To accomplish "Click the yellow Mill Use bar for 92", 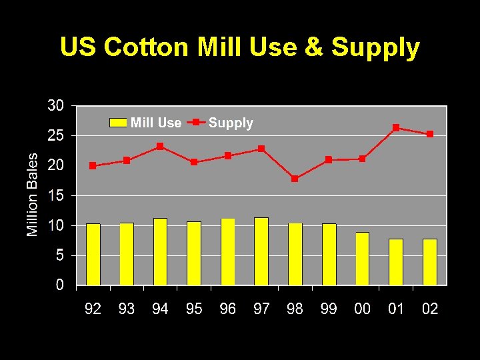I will click(x=93, y=254).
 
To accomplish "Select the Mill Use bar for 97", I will click(x=261, y=251).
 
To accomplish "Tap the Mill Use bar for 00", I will click(x=362, y=259).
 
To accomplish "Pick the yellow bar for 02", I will click(x=430, y=262).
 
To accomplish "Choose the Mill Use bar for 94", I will click(x=160, y=251).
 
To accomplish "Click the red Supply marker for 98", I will click(x=295, y=179).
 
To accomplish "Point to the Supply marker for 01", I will click(x=396, y=127).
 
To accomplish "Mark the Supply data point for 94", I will click(x=160, y=146).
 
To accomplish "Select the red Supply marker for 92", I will click(x=93, y=165).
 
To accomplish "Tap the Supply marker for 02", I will click(x=430, y=134).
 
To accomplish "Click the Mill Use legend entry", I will click(x=146, y=123).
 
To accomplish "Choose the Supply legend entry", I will click(x=221, y=123).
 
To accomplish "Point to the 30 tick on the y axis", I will click(x=55, y=105).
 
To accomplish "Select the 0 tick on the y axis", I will click(x=60, y=285).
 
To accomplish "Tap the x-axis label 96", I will click(x=227, y=309).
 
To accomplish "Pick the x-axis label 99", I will click(x=329, y=309).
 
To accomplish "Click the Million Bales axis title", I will click(x=33, y=194).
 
